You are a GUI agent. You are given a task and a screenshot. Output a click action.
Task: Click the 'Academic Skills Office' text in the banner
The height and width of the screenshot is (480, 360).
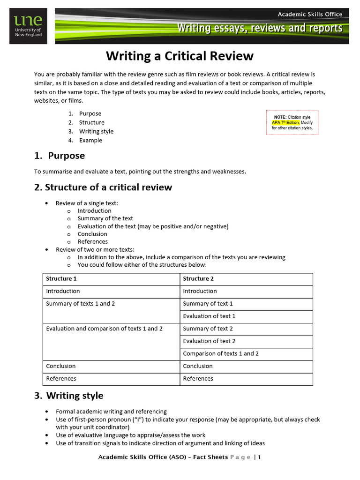tap(310, 14)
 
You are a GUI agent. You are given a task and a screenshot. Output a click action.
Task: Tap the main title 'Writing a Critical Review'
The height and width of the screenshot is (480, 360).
tap(180, 56)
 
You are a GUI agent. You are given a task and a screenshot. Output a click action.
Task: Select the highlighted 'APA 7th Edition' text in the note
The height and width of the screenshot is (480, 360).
tap(285, 122)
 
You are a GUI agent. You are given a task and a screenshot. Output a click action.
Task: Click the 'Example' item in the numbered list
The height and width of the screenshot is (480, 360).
tap(90, 140)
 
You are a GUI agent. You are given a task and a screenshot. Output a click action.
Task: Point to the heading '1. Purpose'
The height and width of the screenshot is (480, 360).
tap(60, 156)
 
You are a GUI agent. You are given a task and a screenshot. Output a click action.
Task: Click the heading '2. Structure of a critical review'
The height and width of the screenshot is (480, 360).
tap(103, 187)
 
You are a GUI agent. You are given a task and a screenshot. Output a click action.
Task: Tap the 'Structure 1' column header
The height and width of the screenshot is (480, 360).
tap(61, 279)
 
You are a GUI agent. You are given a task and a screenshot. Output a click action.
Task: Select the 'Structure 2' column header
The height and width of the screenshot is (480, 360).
tap(198, 279)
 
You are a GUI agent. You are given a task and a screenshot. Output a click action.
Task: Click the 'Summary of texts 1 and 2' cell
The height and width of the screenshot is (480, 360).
tap(80, 304)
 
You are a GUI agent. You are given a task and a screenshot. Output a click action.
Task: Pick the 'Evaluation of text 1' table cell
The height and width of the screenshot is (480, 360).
tap(209, 316)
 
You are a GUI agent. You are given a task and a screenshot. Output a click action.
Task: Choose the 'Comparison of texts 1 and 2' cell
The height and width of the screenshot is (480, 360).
tap(221, 354)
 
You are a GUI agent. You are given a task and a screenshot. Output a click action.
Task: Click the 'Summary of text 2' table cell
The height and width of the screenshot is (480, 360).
tap(208, 329)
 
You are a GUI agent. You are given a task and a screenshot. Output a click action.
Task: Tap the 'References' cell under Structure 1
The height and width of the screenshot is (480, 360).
tap(61, 379)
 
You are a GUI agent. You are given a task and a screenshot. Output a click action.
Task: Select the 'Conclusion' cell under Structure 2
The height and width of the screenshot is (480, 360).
tap(197, 366)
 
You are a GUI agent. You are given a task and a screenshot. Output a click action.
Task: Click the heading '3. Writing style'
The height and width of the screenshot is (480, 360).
tap(69, 396)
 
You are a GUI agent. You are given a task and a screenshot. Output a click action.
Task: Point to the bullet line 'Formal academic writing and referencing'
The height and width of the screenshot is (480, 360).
tap(111, 412)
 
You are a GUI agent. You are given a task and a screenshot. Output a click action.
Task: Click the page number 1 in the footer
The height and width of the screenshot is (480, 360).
tap(259, 457)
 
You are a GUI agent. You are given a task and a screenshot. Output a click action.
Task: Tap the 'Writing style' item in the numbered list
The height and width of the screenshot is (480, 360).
tap(96, 131)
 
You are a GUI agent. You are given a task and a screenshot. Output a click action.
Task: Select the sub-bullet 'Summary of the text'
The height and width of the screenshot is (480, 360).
tap(105, 218)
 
